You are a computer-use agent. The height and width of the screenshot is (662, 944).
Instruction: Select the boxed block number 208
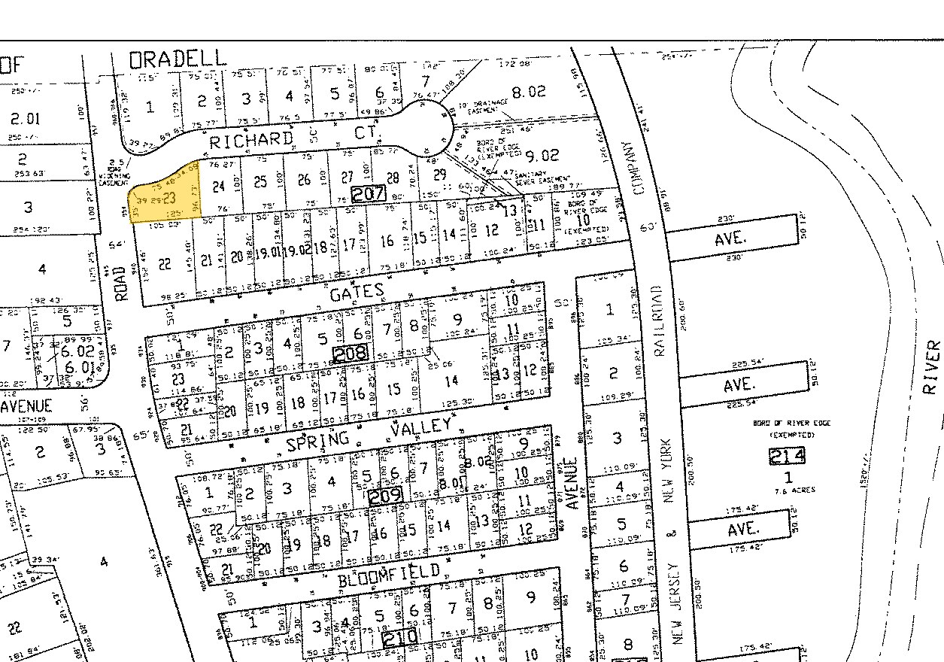(x=351, y=352)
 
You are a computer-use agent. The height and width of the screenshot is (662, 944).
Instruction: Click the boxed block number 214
(x=787, y=455)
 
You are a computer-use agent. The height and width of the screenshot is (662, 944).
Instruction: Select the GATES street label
(x=357, y=292)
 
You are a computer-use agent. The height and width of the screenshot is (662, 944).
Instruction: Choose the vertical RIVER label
(x=931, y=366)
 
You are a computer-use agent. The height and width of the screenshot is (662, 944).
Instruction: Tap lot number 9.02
(x=542, y=156)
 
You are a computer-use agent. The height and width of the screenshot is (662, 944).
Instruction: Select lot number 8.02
(x=527, y=93)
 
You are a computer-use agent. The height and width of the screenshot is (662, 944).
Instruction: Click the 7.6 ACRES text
(x=789, y=490)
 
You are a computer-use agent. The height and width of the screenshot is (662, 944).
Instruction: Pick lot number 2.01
(x=26, y=118)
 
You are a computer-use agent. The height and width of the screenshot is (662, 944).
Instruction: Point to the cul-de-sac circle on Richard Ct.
(x=425, y=130)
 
